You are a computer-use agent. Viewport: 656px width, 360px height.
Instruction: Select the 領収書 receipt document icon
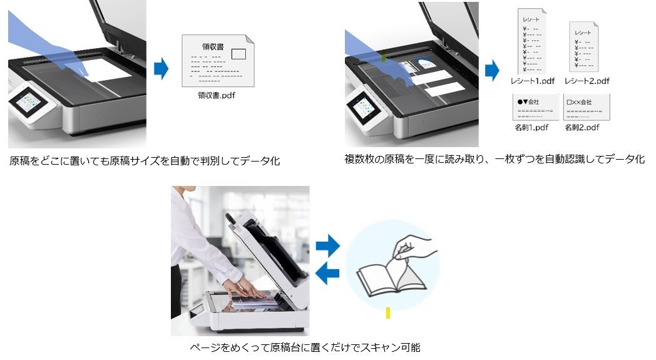point(217,61)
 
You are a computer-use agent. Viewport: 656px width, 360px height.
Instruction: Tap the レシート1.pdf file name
point(532,81)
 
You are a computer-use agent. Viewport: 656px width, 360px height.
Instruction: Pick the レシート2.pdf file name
point(587,81)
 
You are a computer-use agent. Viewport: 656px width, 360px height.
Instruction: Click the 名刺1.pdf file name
point(531,127)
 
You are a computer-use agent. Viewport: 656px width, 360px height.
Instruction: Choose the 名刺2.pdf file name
point(582,127)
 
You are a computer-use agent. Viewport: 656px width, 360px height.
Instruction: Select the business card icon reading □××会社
point(587,107)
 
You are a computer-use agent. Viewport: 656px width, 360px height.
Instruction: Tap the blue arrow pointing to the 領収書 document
point(161,69)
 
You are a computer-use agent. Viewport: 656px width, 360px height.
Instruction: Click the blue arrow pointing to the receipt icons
point(492,69)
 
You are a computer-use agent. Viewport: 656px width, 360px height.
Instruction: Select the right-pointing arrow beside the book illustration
point(327,246)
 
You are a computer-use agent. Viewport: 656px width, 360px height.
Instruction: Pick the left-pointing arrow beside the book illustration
point(327,272)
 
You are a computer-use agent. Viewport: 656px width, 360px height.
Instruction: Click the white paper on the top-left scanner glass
point(110,70)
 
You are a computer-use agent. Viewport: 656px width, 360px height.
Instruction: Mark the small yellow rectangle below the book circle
point(388,312)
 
